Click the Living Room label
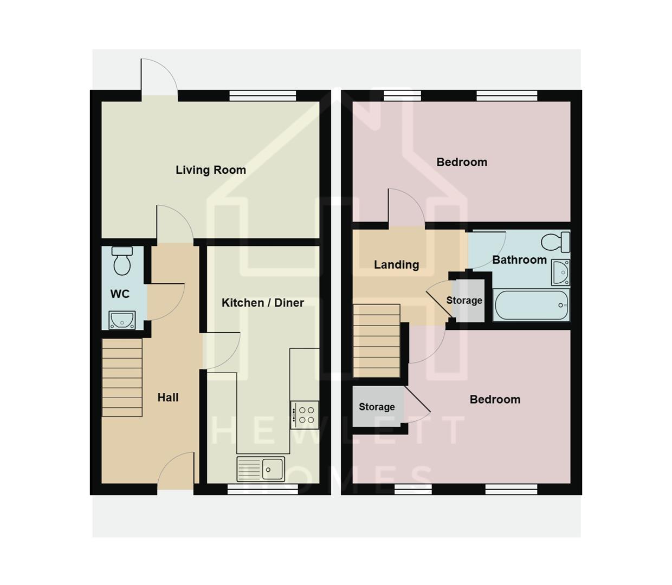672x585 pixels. (211, 170)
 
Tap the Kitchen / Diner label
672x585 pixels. (263, 303)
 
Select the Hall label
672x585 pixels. (168, 398)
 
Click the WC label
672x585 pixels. (120, 294)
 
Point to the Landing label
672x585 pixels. (396, 265)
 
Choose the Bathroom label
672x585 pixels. (519, 260)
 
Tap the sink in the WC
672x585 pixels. (122, 320)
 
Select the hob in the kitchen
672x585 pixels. (305, 414)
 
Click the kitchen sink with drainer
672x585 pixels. (261, 469)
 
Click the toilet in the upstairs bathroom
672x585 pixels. (555, 242)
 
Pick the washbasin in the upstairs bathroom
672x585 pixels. (560, 272)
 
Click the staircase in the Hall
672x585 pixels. (122, 378)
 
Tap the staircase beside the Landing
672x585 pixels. (377, 341)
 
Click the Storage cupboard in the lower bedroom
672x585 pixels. (377, 407)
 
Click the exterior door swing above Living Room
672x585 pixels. (159, 79)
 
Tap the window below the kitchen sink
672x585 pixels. (262, 489)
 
